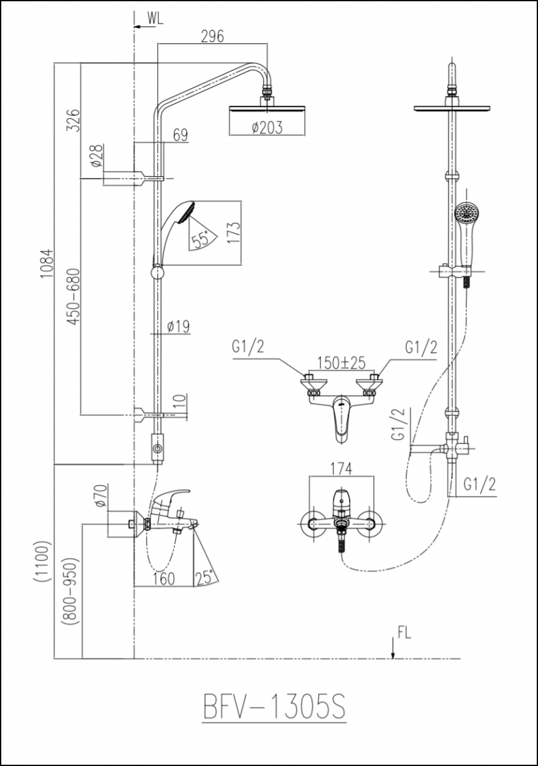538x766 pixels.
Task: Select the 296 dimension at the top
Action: pos(212,36)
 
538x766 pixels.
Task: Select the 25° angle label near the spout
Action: pos(208,577)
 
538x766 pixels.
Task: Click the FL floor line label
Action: pos(404,633)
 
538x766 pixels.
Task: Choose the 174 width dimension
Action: pos(341,469)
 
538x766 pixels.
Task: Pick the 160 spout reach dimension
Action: pos(164,578)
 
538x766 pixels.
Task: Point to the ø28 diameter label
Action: pos(96,155)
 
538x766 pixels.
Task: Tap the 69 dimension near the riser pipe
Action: pos(180,135)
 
